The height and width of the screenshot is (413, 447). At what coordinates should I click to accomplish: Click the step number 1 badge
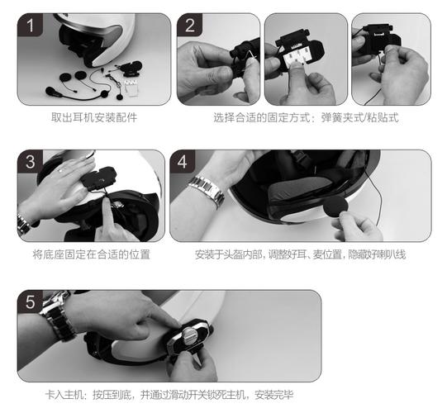click(30, 25)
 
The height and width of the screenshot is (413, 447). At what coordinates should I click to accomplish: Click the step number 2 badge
click(189, 25)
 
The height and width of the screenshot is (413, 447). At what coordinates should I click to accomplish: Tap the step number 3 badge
click(30, 162)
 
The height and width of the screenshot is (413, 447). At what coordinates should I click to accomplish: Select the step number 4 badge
click(183, 162)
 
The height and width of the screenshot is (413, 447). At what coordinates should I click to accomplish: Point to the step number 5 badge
click(30, 301)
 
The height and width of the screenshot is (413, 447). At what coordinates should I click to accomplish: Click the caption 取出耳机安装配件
click(94, 117)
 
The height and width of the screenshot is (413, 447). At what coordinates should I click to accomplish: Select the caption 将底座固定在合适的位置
click(91, 254)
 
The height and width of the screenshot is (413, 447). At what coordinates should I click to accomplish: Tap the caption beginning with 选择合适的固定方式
click(306, 117)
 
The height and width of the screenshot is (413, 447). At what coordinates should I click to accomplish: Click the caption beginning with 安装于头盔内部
click(300, 254)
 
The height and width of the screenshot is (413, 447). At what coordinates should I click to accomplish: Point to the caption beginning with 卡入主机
click(169, 395)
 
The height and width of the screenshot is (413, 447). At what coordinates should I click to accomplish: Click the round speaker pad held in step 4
click(335, 207)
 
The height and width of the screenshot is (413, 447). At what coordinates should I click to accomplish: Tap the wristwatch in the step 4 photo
click(207, 191)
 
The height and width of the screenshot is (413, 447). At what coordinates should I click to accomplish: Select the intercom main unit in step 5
click(188, 337)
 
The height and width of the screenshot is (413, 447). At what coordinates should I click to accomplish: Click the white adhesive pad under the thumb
click(296, 59)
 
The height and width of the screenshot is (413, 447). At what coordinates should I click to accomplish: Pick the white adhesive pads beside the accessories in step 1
click(132, 88)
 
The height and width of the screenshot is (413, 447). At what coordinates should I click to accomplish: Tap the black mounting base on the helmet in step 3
click(98, 178)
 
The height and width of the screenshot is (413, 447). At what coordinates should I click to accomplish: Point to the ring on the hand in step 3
click(60, 170)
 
